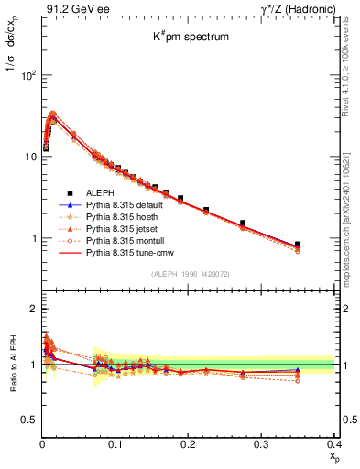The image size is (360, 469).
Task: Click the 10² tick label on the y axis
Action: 27,75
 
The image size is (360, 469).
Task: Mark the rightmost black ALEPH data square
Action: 322,245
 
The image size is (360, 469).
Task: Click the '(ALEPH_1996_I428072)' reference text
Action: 189,273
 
